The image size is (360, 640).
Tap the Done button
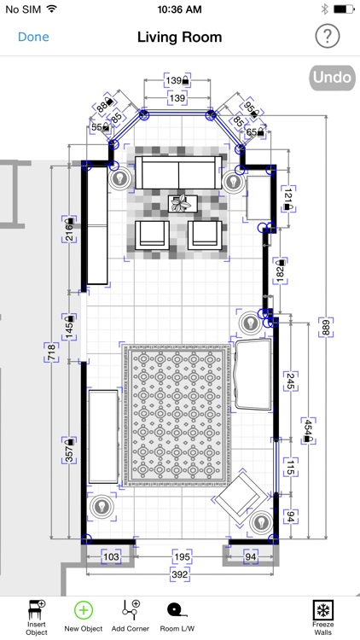[x=33, y=37]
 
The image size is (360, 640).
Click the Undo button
[x=332, y=78]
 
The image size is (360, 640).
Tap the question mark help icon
[x=327, y=37]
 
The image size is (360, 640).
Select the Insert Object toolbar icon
[x=37, y=611]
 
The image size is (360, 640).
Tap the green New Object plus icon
[x=84, y=610]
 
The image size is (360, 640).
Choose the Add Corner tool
[x=131, y=610]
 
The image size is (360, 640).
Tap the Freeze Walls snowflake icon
[x=322, y=610]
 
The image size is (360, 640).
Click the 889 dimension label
[x=326, y=328]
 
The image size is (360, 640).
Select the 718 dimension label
[x=52, y=352]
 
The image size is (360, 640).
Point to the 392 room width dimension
[x=180, y=574]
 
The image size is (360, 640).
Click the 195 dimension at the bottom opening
[x=182, y=556]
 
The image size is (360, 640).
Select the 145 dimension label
[x=69, y=327]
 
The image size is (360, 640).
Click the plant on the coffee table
[x=181, y=203]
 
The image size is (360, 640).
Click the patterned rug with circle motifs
[x=177, y=415]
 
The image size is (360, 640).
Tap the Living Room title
[x=180, y=38]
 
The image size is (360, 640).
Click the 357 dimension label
[x=69, y=451]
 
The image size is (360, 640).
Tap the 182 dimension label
[x=280, y=271]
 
